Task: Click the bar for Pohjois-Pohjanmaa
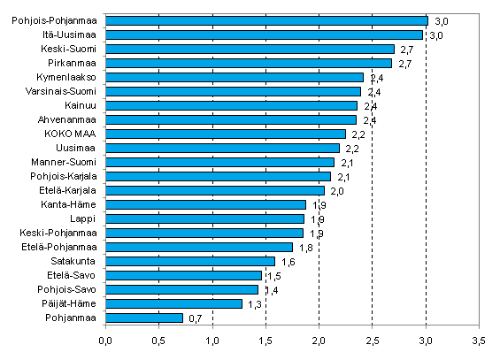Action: pos(266,20)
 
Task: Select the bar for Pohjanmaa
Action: pos(144,318)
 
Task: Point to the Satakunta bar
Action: pos(190,261)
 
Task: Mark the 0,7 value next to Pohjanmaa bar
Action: pos(196,318)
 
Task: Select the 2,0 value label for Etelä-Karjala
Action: pos(337,191)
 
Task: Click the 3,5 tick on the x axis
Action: pos(479,340)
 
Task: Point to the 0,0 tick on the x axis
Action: pos(106,340)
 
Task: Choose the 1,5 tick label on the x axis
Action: pos(265,340)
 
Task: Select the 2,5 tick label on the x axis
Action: pos(373,340)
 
